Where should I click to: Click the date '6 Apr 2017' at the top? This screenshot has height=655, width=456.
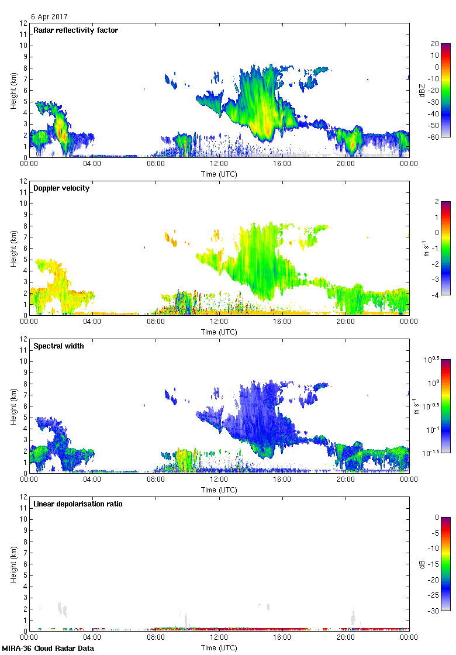[50, 18]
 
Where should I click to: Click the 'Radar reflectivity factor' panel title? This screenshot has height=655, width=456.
[76, 30]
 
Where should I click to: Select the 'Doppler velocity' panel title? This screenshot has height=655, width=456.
[61, 188]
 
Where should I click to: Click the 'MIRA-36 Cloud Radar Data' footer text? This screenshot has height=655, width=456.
[48, 649]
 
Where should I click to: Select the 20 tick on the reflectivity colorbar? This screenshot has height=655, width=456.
[435, 44]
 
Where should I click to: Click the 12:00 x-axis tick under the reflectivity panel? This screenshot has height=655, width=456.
[219, 164]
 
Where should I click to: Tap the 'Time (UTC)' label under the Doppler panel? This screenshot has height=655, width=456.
[219, 332]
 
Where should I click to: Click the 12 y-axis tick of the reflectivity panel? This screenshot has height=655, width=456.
[24, 23]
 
